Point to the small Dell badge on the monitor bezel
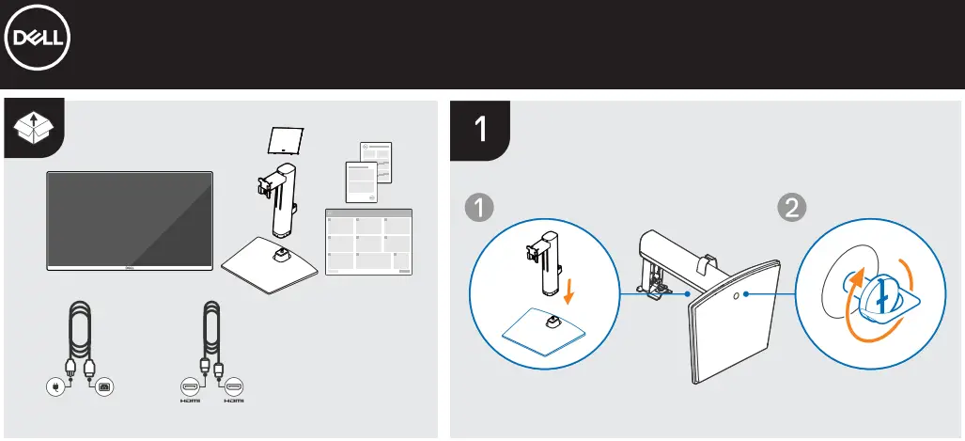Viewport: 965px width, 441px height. [x=130, y=268]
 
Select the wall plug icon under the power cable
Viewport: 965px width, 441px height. [x=58, y=386]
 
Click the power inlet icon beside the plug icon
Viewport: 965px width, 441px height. [x=102, y=386]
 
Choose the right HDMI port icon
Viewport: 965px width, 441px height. [x=232, y=386]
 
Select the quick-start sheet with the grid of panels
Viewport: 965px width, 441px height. [x=367, y=242]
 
